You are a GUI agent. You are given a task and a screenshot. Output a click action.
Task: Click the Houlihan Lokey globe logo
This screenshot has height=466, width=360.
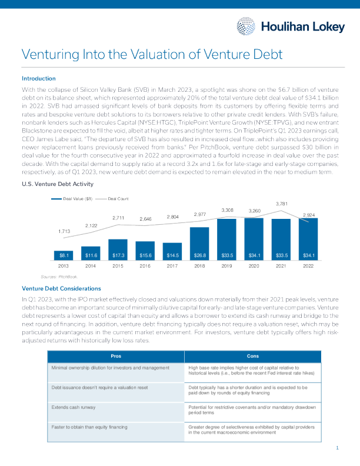[x=246, y=26]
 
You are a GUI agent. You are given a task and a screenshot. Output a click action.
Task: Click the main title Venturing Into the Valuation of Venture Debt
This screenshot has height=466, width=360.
[x=152, y=55]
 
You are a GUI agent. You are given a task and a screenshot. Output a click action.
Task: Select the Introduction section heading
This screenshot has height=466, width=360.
[x=38, y=78]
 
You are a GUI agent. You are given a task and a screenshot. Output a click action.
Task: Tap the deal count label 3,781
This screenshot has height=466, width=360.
[x=282, y=204]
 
